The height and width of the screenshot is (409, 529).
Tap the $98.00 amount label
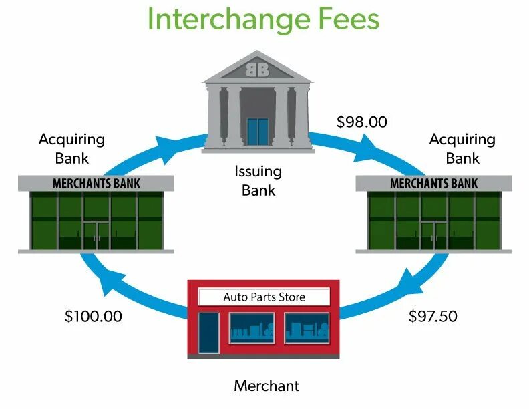pyautogui.click(x=361, y=122)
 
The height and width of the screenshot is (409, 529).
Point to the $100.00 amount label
pyautogui.click(x=94, y=316)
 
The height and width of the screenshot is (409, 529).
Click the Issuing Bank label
pyautogui.click(x=258, y=180)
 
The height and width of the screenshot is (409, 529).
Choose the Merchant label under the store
pyautogui.click(x=267, y=386)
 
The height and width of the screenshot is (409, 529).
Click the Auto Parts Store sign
pyautogui.click(x=264, y=297)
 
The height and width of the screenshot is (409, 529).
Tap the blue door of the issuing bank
pyautogui.click(x=257, y=131)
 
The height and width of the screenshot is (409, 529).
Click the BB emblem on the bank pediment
pyautogui.click(x=258, y=69)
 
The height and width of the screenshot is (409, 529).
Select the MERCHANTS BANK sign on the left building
pyautogui.click(x=96, y=183)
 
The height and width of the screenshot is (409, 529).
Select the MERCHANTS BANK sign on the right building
pyautogui.click(x=433, y=183)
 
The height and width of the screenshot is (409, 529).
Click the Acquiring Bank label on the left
pyautogui.click(x=72, y=148)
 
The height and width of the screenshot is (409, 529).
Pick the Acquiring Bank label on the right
pyautogui.click(x=462, y=148)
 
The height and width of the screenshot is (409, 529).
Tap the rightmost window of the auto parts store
pyautogui.click(x=306, y=328)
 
